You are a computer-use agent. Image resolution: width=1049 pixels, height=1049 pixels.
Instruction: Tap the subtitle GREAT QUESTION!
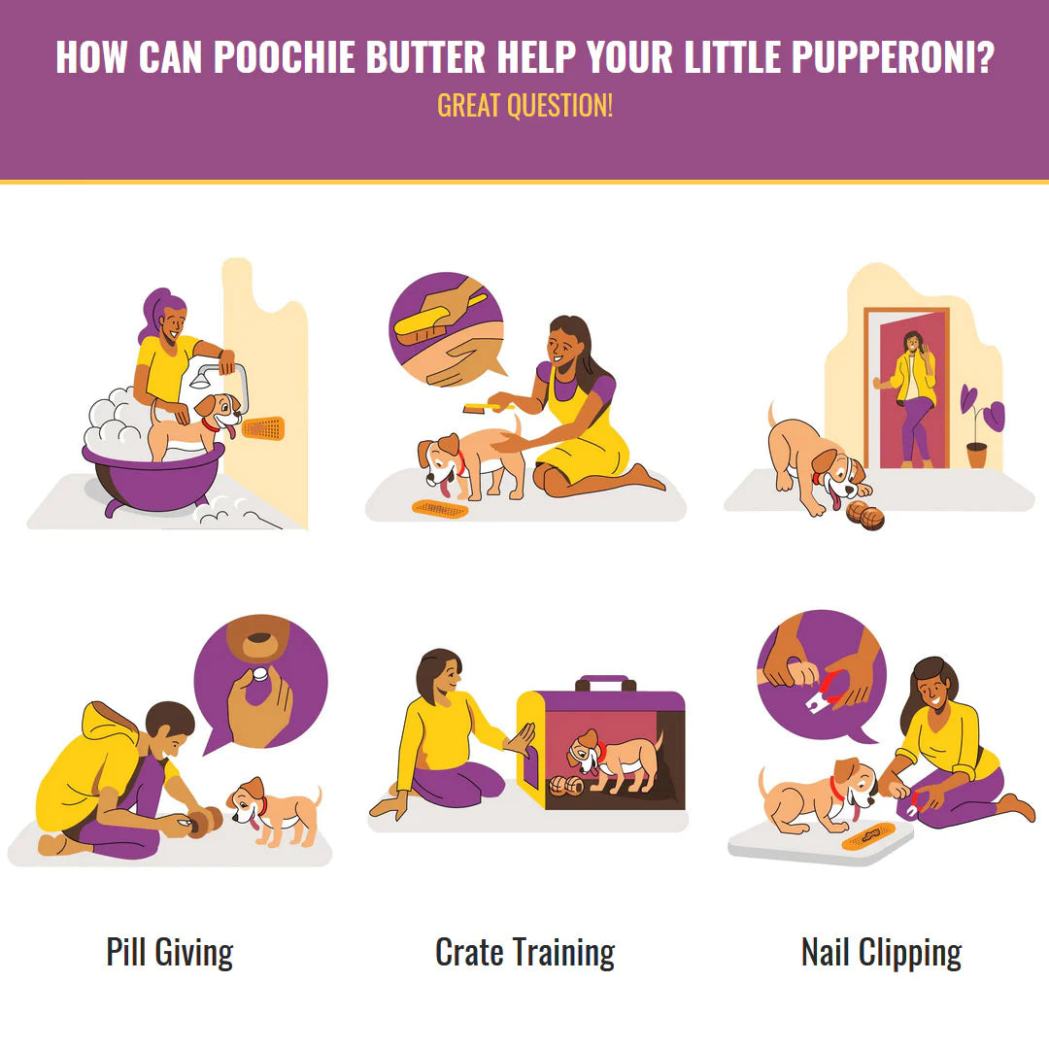pyautogui.click(x=524, y=105)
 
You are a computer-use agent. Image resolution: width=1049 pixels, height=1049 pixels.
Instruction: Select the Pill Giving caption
pyautogui.click(x=170, y=952)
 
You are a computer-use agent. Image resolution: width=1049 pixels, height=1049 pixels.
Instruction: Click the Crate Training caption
pyautogui.click(x=524, y=952)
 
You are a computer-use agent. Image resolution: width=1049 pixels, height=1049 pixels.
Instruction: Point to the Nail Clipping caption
pyautogui.click(x=881, y=952)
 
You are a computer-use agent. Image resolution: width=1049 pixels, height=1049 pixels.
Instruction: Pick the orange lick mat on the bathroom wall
pyautogui.click(x=262, y=427)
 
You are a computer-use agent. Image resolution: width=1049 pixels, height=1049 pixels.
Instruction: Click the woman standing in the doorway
pyautogui.click(x=915, y=393)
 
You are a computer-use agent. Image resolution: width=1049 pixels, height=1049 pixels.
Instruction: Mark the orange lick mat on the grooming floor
pyautogui.click(x=439, y=507)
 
